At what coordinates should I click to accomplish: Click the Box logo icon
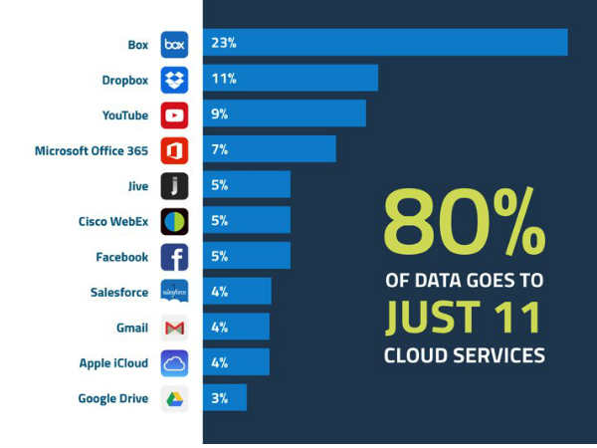tap(174, 44)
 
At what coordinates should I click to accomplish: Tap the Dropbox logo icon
tap(174, 80)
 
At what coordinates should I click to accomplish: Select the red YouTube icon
tap(174, 115)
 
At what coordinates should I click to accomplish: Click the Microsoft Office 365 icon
tap(174, 150)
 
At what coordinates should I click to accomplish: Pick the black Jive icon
tap(174, 186)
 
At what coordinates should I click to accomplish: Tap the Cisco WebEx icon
tap(174, 221)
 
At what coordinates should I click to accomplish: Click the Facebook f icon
tap(174, 257)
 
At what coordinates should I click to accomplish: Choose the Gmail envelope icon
tap(174, 328)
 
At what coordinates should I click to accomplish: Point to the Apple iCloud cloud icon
tap(174, 363)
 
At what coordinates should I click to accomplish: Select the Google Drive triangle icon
tap(174, 399)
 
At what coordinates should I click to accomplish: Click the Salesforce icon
tap(174, 292)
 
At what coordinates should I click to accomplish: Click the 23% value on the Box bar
tap(223, 44)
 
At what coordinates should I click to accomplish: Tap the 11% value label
tap(223, 79)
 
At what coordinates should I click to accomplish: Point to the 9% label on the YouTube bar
tap(220, 114)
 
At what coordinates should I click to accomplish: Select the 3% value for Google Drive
tap(220, 398)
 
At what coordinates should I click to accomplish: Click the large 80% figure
tap(464, 224)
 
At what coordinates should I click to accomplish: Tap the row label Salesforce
tap(118, 292)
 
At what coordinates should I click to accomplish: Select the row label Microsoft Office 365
tap(91, 150)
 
